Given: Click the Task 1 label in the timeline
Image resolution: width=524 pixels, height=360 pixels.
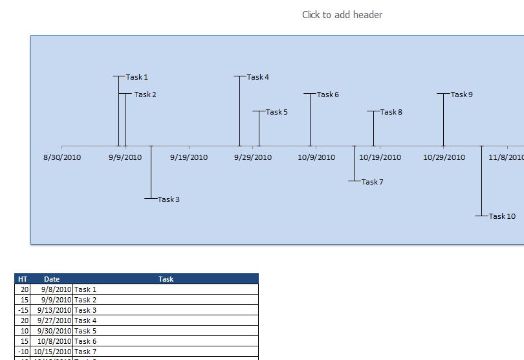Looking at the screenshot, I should point(137,77).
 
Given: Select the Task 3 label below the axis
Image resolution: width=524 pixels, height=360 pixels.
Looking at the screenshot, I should point(169,199).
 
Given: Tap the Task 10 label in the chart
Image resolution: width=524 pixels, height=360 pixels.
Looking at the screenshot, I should point(502,216).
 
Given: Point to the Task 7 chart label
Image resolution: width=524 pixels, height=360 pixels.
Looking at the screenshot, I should point(373,182).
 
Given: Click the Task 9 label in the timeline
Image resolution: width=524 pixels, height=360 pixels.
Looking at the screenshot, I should point(462,95).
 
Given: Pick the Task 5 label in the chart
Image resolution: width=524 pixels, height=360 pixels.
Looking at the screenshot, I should point(277,112).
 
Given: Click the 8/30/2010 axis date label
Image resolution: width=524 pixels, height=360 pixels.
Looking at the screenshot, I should point(62,157).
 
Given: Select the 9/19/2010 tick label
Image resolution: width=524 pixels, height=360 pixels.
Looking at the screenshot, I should point(189,157).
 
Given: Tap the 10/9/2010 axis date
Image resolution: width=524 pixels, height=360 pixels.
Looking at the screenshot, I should point(316,157).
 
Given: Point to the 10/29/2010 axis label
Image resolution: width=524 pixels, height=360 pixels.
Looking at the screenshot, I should point(444,157).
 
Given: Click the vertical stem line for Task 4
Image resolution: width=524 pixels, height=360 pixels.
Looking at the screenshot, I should point(240,110).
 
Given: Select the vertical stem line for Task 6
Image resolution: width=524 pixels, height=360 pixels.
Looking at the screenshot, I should point(310,120).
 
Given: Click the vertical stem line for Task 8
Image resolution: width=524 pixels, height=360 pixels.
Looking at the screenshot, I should point(373,128).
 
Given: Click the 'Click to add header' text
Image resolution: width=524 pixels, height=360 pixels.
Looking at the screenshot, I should point(342,14).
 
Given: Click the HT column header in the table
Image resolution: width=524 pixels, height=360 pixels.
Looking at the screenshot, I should point(23,279).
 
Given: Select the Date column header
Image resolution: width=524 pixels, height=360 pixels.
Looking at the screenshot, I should point(52,279).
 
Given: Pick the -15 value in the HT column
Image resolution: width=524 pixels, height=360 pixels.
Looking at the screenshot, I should point(23,310).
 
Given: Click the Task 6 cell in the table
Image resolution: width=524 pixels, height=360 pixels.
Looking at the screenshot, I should point(85,341).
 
